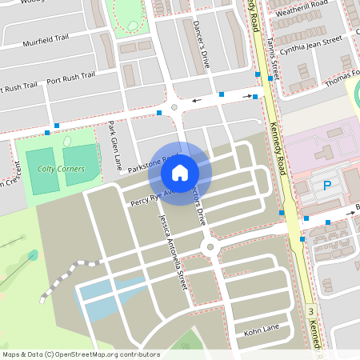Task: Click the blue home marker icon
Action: click(180, 172)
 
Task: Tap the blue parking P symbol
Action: click(326, 186)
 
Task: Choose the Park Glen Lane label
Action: click(114, 146)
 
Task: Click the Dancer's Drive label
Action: click(201, 44)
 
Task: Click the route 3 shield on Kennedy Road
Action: click(310, 310)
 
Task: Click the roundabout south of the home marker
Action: click(210, 247)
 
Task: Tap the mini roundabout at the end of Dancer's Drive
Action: click(174, 106)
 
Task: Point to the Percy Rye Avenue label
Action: click(144, 198)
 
